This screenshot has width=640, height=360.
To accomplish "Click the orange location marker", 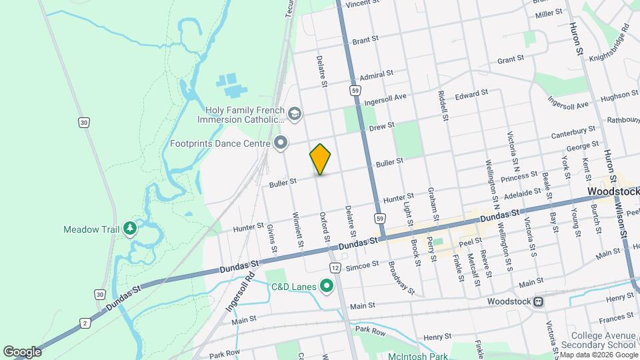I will click(x=321, y=159).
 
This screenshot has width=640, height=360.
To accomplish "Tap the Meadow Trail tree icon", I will click(x=130, y=229).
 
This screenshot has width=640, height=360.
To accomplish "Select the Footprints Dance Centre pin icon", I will click(x=281, y=142).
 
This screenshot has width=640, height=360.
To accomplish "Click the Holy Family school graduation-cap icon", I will click(x=294, y=115).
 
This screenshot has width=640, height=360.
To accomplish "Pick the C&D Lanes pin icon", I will click(x=326, y=287).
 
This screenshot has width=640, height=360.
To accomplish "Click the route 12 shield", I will click(x=335, y=267).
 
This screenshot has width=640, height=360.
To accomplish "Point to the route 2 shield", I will click(x=85, y=323).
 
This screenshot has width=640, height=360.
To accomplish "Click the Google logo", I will click(x=22, y=352).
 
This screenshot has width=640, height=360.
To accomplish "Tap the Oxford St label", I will click(x=325, y=228).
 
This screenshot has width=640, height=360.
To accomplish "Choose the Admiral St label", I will click(x=376, y=75).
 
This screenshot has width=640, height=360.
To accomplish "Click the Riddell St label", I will click(x=442, y=106).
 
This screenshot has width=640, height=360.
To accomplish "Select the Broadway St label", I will click(x=402, y=278).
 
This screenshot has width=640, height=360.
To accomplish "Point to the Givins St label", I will click(x=272, y=239).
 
